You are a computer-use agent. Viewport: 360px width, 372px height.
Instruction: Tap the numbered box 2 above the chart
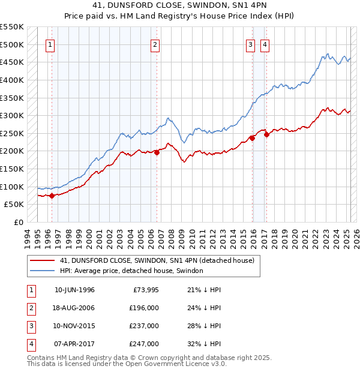pyautogui.click(x=155, y=43)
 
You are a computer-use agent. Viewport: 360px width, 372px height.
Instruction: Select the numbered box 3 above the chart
pyautogui.click(x=250, y=43)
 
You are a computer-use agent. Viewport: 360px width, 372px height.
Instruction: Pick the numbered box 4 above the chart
pyautogui.click(x=265, y=43)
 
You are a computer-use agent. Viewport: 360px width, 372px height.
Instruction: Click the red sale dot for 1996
pyautogui.click(x=52, y=196)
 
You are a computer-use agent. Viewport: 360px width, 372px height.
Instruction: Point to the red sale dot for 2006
pyautogui.click(x=157, y=152)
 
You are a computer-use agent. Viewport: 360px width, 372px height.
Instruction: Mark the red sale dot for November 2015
pyautogui.click(x=252, y=138)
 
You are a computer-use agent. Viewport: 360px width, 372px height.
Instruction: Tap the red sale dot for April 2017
pyautogui.click(x=266, y=134)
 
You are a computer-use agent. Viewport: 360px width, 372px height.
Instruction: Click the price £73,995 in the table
pyautogui.click(x=146, y=290)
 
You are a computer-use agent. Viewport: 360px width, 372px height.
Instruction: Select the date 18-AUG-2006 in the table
pyautogui.click(x=74, y=308)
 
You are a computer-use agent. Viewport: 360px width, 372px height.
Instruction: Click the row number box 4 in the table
pyautogui.click(x=31, y=344)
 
